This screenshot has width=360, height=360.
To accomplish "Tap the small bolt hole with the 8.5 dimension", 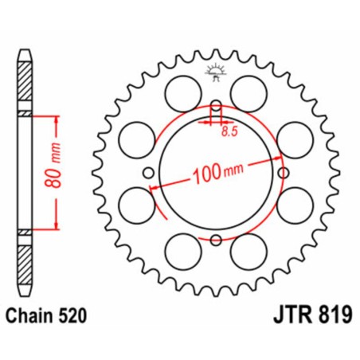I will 215,107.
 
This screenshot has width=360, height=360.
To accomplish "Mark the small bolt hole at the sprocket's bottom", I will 215,239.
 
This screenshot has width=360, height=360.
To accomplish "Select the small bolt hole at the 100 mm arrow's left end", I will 149,173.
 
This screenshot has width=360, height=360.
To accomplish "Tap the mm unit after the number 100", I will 235,168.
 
